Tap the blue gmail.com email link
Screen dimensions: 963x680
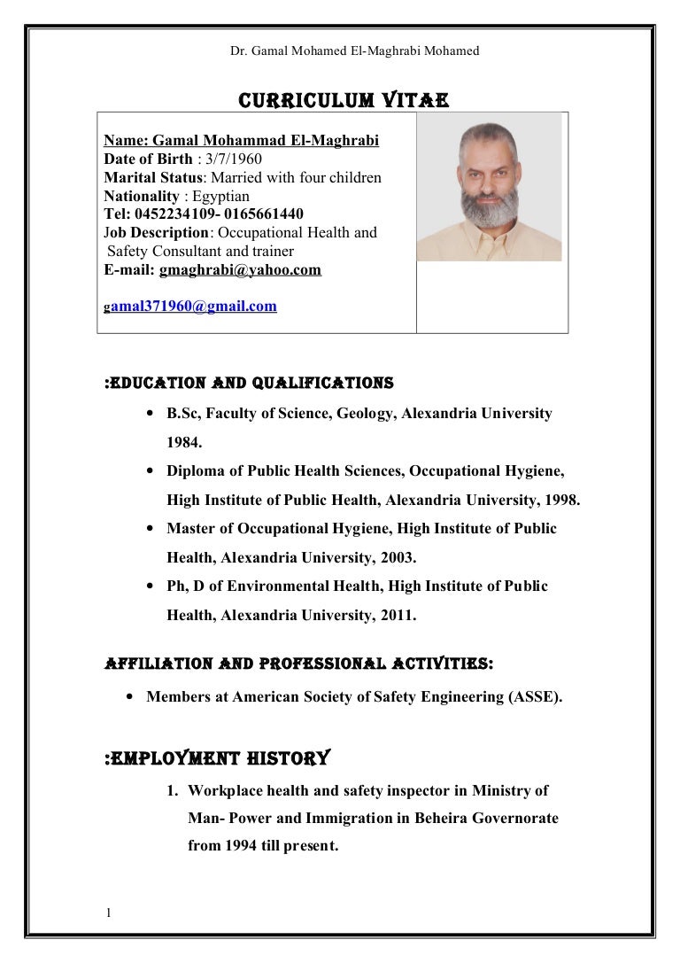(x=194, y=307)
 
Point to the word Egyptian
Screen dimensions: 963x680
(x=221, y=196)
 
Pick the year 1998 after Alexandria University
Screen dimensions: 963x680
(x=560, y=500)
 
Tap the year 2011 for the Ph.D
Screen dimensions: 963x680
(x=396, y=616)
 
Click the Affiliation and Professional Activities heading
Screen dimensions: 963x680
(x=299, y=664)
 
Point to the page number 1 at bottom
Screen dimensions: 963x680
(x=107, y=913)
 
